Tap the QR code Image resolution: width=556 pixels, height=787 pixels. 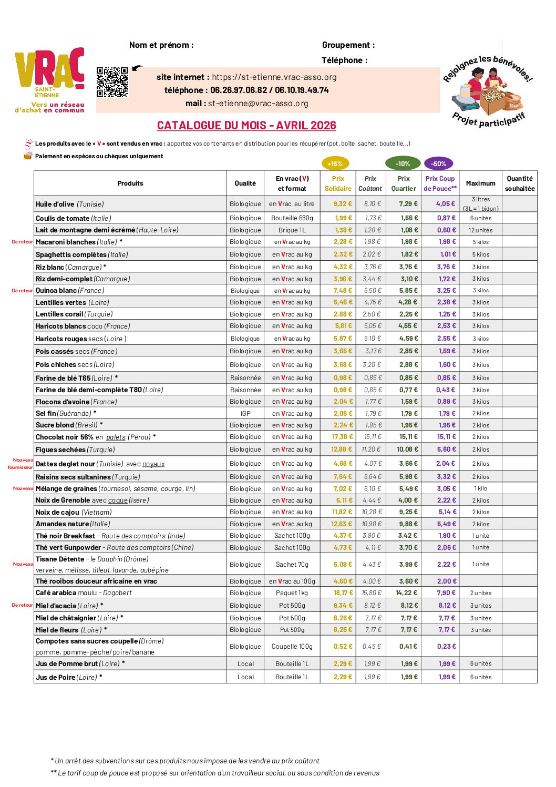coord(112,82)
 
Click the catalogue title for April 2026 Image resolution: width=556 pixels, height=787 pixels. coord(246,126)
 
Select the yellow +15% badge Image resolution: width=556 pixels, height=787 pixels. coord(335,163)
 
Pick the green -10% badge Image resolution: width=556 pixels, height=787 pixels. coord(403,163)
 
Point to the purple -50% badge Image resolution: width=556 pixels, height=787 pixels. coord(439,163)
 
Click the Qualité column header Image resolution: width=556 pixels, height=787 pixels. coord(245,183)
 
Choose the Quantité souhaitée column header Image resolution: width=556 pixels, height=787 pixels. coord(520,183)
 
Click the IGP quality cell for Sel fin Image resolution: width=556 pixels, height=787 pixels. coord(245,414)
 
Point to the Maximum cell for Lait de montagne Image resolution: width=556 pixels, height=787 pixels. coord(480,230)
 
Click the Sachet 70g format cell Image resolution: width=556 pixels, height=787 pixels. coord(292,565)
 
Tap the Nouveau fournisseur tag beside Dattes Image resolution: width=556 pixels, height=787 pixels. coord(20,464)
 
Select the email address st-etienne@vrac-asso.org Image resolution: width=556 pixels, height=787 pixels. coord(258,104)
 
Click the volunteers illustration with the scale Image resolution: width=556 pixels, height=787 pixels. coord(488,95)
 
